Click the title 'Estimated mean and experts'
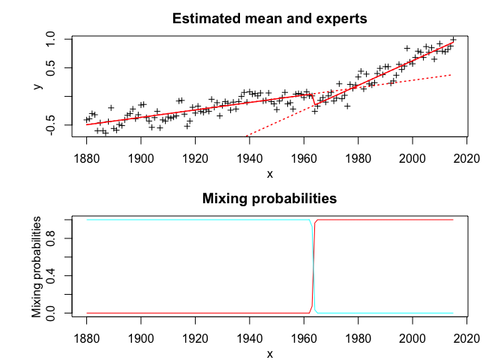point(269,19)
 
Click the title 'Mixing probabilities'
point(269,199)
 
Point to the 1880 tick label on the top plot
point(87,158)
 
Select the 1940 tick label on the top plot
point(250,158)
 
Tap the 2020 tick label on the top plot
point(467,158)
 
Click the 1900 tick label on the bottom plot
point(141,338)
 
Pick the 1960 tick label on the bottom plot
point(304,338)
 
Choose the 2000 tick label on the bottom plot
point(412,338)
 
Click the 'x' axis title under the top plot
point(269,174)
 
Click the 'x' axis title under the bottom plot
point(269,354)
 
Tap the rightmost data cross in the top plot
point(453,40)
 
